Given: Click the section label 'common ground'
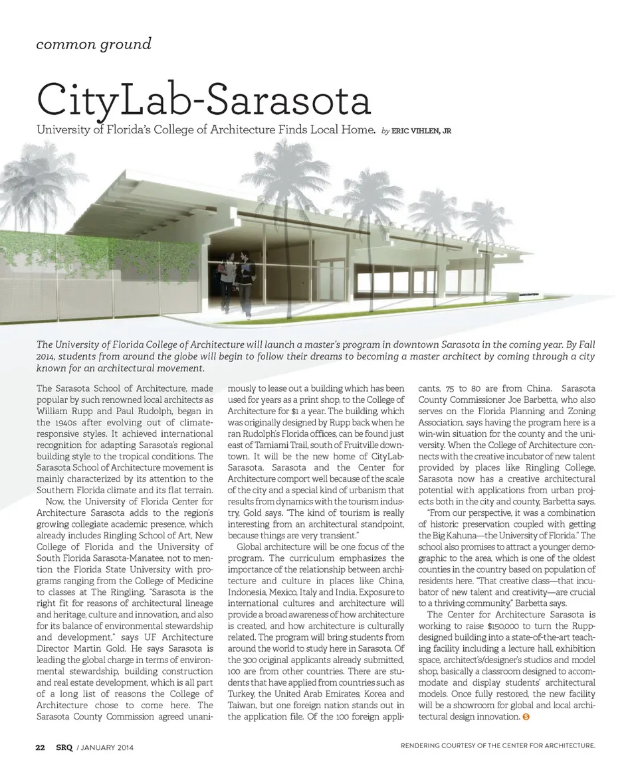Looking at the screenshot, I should [94, 44].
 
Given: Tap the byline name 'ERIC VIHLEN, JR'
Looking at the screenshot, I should [421, 131].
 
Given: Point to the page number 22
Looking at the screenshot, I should [40, 747].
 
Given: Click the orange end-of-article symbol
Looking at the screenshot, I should [526, 718].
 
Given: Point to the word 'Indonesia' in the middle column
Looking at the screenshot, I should [250, 592].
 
